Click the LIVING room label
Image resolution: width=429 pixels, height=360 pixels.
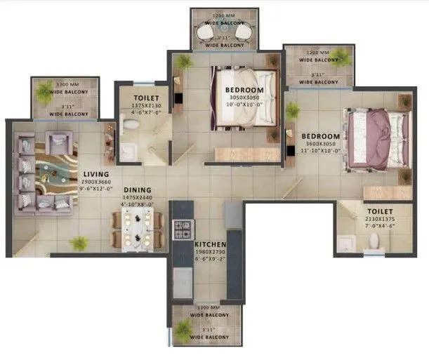[95, 174]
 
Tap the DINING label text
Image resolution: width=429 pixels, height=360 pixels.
[138, 189]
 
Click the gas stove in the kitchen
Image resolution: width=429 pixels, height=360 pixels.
[183, 229]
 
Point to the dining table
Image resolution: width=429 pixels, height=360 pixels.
[138, 231]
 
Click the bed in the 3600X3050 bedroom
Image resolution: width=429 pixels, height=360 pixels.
[378, 139]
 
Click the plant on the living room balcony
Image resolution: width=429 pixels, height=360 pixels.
[45, 89]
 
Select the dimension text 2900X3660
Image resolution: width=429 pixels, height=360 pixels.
[95, 181]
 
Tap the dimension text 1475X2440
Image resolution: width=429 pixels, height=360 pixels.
[138, 197]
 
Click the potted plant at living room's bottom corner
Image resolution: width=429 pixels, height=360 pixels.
[79, 244]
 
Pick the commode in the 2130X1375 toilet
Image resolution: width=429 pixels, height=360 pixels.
[374, 241]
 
